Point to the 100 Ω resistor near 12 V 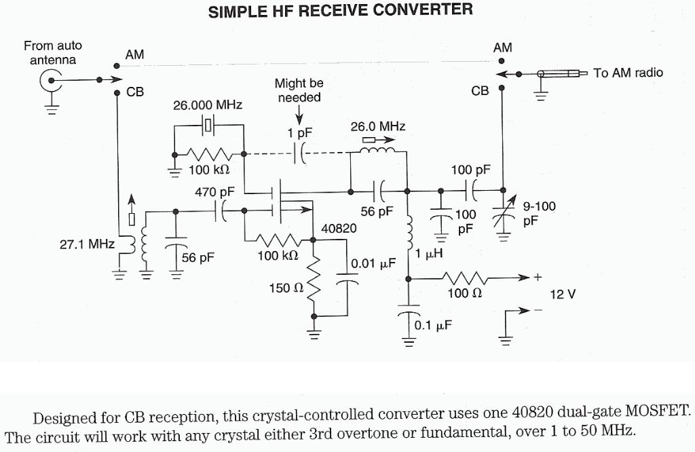(x=465, y=278)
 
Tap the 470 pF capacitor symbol (x=221, y=211)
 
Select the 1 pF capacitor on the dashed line (x=299, y=153)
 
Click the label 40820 (x=338, y=228)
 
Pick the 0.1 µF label (x=433, y=325)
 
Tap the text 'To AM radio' (x=628, y=73)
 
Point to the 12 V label (x=563, y=295)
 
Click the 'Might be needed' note (x=299, y=90)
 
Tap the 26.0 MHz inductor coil (x=377, y=151)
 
